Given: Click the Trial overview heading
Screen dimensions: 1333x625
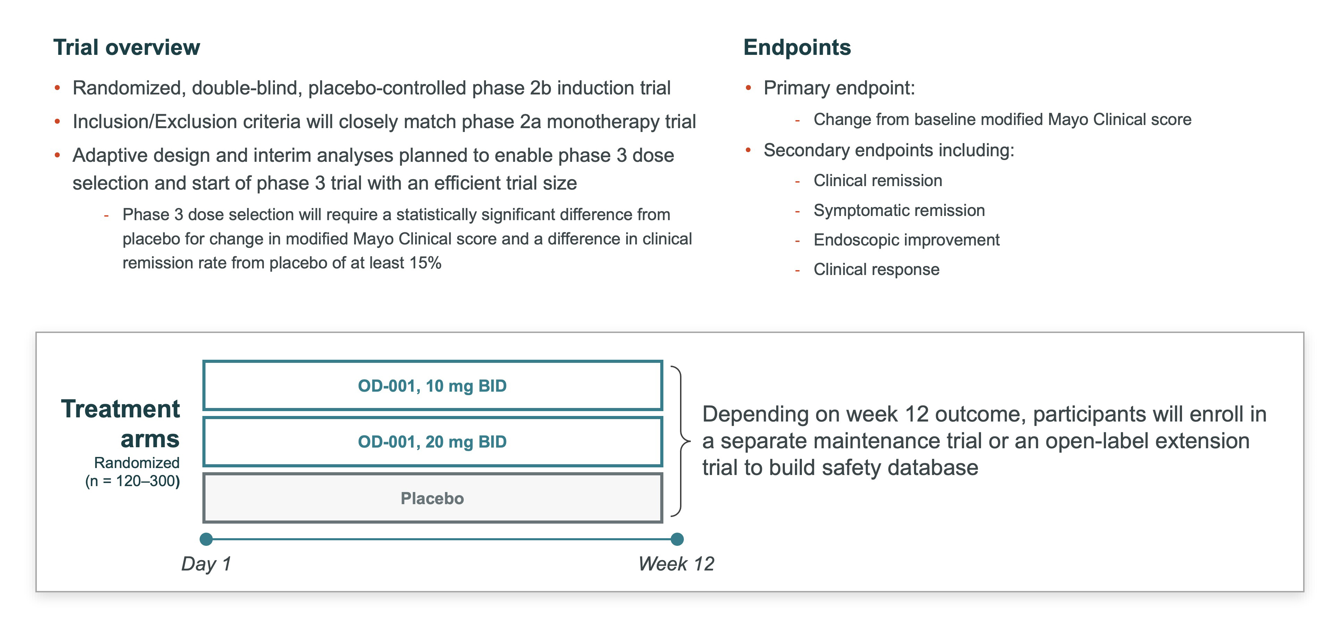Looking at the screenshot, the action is (127, 47).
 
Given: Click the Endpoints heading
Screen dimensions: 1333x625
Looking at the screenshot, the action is (797, 48).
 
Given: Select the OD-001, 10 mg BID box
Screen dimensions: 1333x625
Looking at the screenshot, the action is (433, 385).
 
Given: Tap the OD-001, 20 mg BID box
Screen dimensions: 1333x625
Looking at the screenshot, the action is (433, 441).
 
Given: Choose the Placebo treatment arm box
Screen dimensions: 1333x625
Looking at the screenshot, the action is (433, 498).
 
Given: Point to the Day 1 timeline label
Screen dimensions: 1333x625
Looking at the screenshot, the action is (206, 564).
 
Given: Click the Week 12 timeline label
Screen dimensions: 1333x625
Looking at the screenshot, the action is (676, 564).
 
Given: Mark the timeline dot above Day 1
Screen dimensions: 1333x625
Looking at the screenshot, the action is (206, 539).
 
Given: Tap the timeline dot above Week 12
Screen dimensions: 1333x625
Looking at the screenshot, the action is (677, 539).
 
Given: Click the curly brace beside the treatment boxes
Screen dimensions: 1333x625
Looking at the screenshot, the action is (680, 441).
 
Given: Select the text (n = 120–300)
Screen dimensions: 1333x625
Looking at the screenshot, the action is (133, 481).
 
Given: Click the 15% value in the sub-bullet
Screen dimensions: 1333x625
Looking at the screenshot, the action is (425, 263).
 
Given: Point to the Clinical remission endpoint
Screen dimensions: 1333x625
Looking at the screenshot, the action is (878, 181).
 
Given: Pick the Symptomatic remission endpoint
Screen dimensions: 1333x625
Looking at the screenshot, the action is (899, 210).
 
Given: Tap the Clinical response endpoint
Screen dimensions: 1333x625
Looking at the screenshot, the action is (876, 269).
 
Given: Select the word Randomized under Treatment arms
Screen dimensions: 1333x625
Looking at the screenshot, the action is (137, 462).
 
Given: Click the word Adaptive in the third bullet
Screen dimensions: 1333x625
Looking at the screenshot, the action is (106, 155).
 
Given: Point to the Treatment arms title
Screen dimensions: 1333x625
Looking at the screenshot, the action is (120, 424).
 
